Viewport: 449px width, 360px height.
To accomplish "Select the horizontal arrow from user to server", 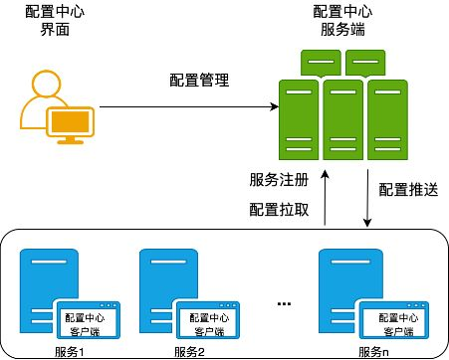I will tap(185, 107).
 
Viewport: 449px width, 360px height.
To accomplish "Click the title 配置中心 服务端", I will tap(342, 21).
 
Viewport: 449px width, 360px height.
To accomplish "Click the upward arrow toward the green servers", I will tap(325, 199).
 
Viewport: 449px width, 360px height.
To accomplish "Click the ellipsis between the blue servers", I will tap(283, 300).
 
